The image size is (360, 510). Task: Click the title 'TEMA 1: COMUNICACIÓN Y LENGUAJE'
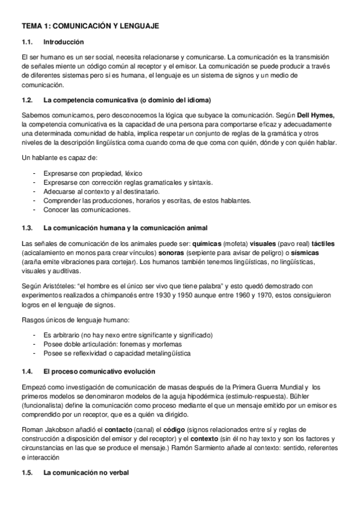click(x=90, y=26)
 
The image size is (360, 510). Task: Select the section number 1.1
click(x=27, y=42)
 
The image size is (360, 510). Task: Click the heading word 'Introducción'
click(x=64, y=42)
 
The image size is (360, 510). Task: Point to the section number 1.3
click(x=27, y=228)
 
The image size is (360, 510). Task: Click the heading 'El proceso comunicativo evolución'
click(x=99, y=372)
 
